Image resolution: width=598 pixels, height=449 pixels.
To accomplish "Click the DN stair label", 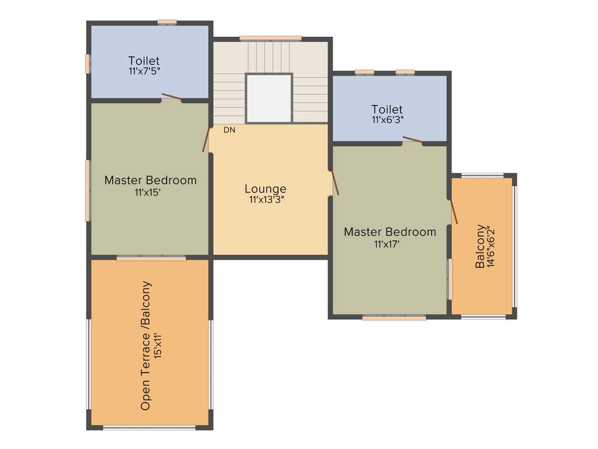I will pyautogui.click(x=230, y=130).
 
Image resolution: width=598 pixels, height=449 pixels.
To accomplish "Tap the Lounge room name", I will pyautogui.click(x=266, y=189).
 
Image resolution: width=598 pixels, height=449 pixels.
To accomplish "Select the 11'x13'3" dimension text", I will pyautogui.click(x=266, y=199).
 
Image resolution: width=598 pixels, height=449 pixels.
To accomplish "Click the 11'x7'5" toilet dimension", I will pyautogui.click(x=144, y=71).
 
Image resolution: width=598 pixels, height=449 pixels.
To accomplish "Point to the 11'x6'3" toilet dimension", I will pyautogui.click(x=387, y=119).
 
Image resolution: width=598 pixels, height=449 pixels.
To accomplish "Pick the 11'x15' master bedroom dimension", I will pyautogui.click(x=150, y=191).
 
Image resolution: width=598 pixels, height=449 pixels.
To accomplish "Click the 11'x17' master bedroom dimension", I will pyautogui.click(x=390, y=243).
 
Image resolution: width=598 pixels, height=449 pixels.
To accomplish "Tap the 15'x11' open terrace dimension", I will pyautogui.click(x=158, y=346).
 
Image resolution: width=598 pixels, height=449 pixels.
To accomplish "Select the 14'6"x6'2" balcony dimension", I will pyautogui.click(x=491, y=247).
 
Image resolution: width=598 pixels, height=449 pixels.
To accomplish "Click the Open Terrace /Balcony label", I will pyautogui.click(x=146, y=346).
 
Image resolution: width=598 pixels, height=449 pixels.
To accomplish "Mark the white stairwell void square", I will pyautogui.click(x=269, y=98).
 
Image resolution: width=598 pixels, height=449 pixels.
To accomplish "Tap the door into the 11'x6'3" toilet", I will pyautogui.click(x=412, y=140).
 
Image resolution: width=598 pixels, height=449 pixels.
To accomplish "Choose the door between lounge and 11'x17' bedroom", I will pyautogui.click(x=335, y=183).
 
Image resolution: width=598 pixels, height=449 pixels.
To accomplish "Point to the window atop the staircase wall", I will pyautogui.click(x=270, y=39).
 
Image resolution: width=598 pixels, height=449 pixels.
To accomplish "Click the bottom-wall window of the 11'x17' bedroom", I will pyautogui.click(x=394, y=318).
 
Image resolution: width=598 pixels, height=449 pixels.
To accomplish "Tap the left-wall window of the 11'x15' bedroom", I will pyautogui.click(x=88, y=191).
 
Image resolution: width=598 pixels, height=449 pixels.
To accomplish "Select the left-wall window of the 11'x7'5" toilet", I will pyautogui.click(x=88, y=64).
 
